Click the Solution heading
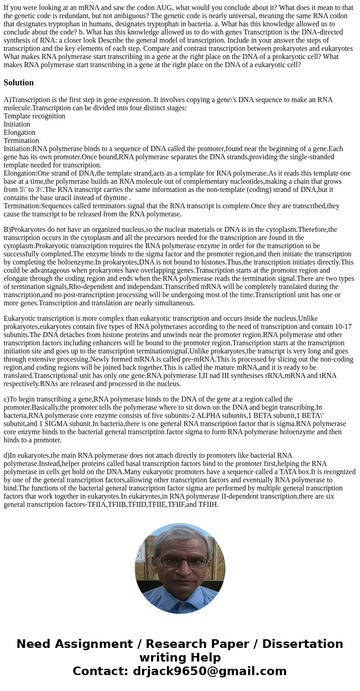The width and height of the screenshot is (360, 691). (x=19, y=83)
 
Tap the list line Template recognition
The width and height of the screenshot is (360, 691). (x=34, y=116)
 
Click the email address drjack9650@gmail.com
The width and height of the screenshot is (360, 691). (x=209, y=671)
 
